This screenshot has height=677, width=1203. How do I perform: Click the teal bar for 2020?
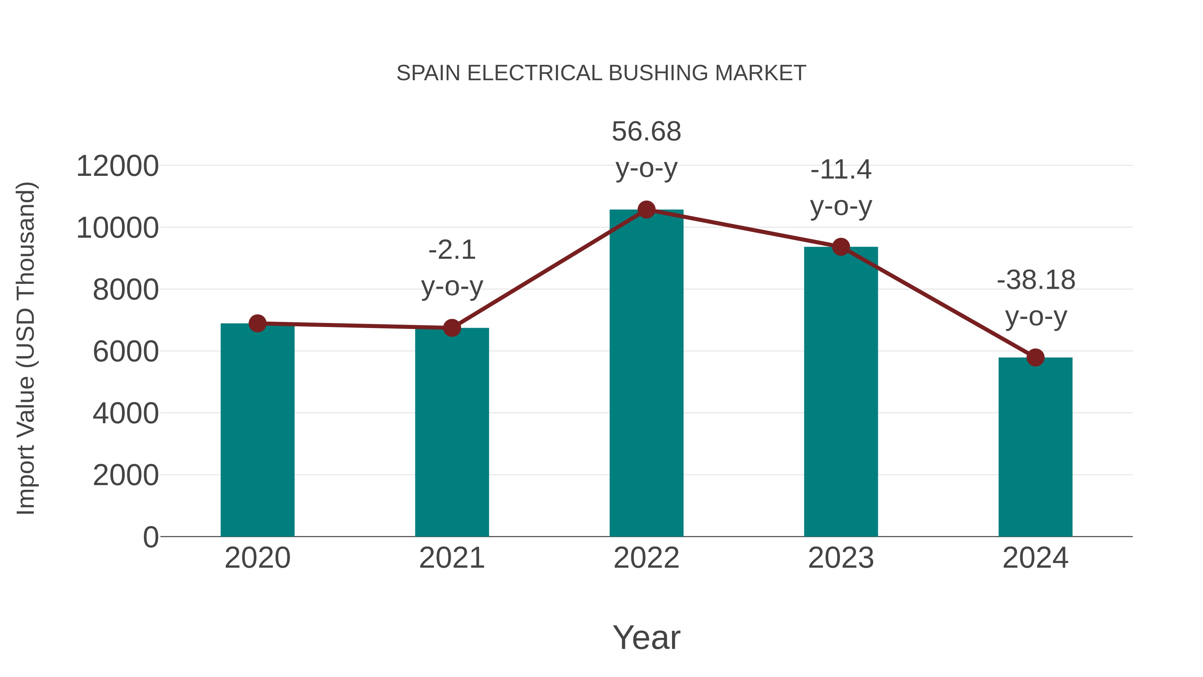[x=257, y=430]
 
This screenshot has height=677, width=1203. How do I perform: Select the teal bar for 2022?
[x=646, y=374]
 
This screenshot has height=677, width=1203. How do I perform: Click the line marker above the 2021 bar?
[x=451, y=328]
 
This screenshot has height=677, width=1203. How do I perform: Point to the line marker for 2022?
[x=646, y=210]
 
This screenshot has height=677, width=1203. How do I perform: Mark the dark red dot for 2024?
[x=1035, y=358]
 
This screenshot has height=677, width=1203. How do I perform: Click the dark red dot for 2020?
[x=257, y=323]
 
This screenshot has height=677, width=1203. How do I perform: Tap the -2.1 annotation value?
[x=451, y=250]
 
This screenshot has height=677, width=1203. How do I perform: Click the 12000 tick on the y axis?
[x=117, y=166]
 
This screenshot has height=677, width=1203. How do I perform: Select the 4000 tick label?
[x=126, y=414]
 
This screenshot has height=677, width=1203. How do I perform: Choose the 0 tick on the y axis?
[x=151, y=537]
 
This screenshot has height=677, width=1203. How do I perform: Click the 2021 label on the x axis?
[x=451, y=558]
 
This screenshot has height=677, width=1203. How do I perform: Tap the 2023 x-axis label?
[x=841, y=558]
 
